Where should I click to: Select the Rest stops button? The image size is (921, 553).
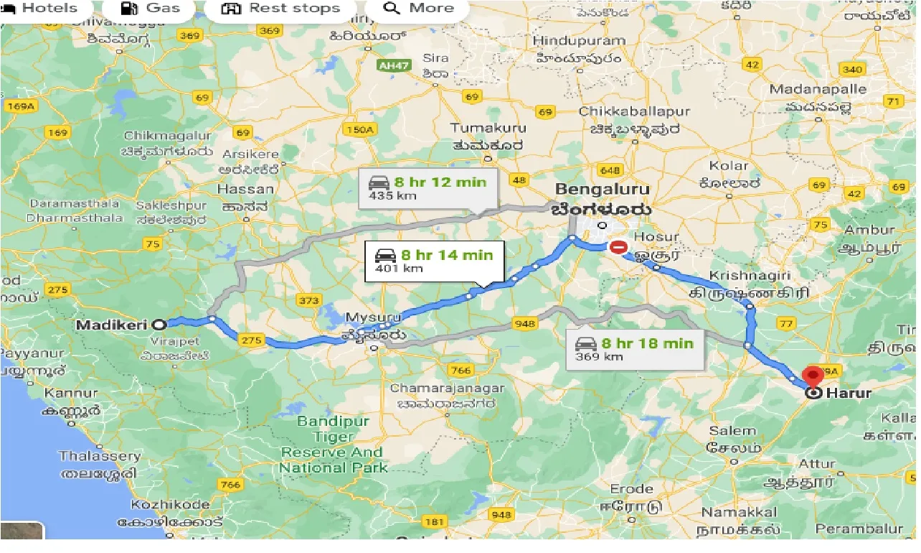coord(280,9)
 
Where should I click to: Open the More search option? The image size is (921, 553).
coord(417,9)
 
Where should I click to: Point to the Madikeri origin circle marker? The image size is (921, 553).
coord(158,325)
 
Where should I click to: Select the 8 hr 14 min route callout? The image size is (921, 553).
coord(435,261)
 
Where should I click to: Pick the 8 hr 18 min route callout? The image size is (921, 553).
coord(634,349)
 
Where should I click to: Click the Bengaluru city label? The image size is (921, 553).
coord(603,190)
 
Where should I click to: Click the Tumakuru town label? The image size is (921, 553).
coord(488,128)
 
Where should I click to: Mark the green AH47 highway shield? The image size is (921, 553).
coord(393,65)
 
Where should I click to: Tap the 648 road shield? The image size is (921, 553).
coord(611,170)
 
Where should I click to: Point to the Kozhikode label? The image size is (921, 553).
coord(170,504)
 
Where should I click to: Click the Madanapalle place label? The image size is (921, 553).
coord(818,90)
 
